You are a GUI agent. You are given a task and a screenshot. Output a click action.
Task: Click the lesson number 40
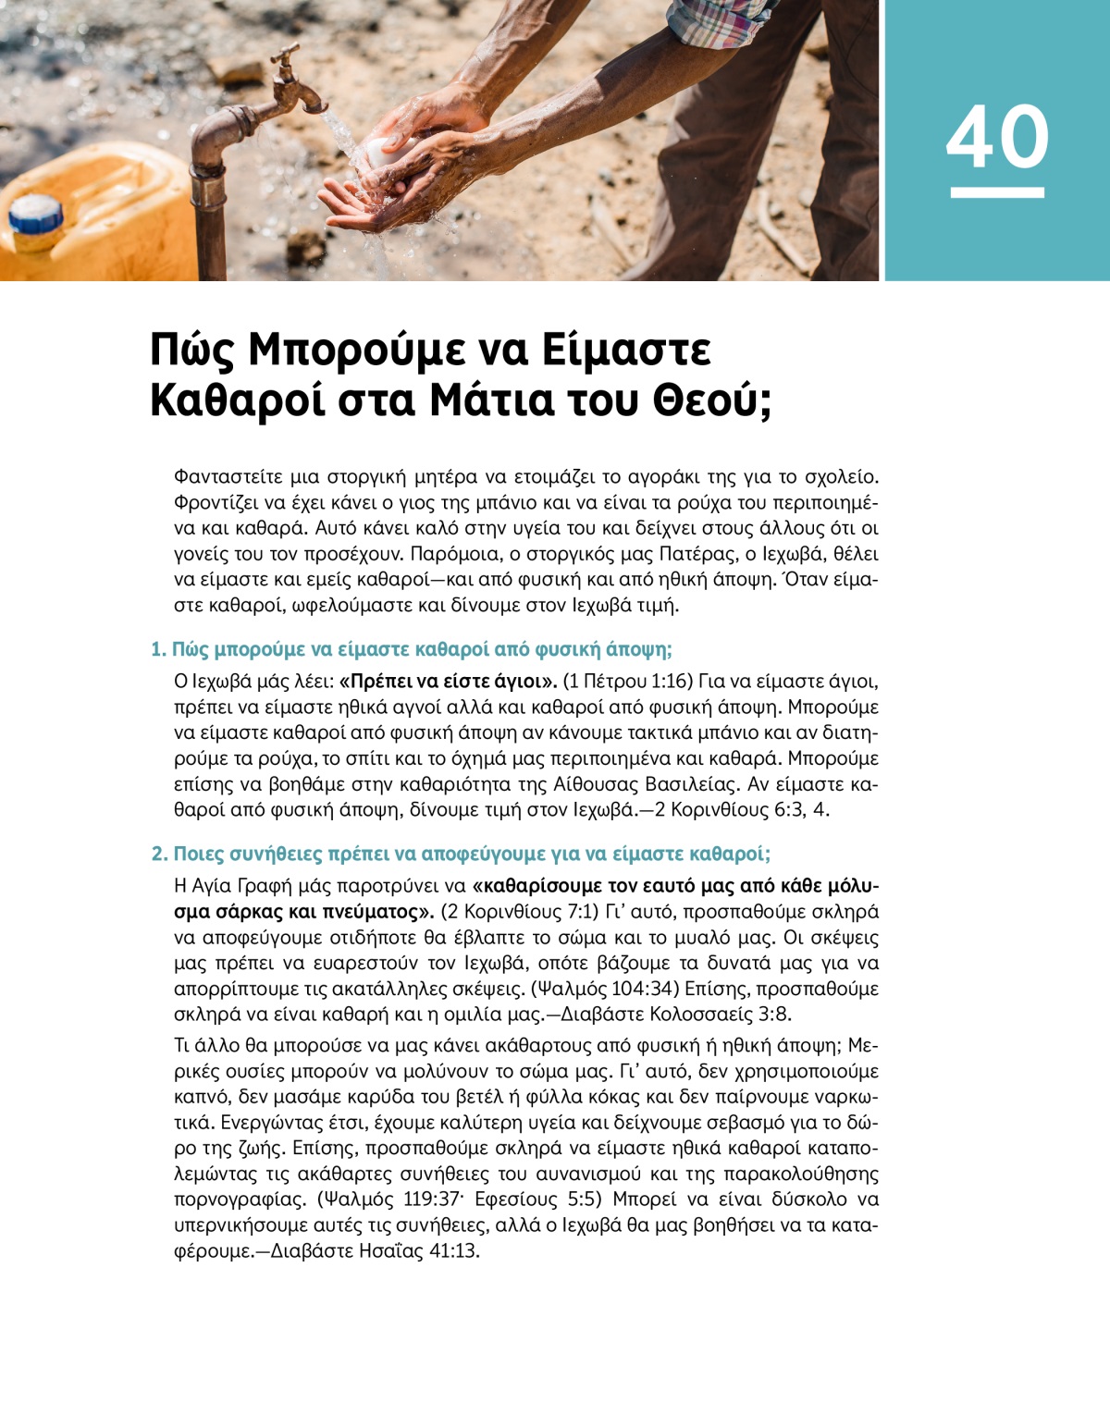[x=997, y=136]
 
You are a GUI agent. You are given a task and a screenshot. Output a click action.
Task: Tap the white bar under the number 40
[x=997, y=192]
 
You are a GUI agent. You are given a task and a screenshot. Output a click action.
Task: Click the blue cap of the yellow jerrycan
[x=35, y=216]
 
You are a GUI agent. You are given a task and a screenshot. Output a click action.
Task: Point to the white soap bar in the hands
[x=380, y=154]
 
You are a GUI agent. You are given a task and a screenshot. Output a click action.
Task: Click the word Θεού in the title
[x=711, y=401]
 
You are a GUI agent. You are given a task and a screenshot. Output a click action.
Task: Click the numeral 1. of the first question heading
[x=158, y=649]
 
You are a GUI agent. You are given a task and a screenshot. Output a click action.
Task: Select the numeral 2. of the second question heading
[x=159, y=854]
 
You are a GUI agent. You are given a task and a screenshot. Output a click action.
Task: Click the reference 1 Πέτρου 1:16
[x=627, y=682]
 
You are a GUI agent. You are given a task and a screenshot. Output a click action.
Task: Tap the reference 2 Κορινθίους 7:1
[x=522, y=912]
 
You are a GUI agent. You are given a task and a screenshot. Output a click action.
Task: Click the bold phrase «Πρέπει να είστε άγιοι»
[x=449, y=682]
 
